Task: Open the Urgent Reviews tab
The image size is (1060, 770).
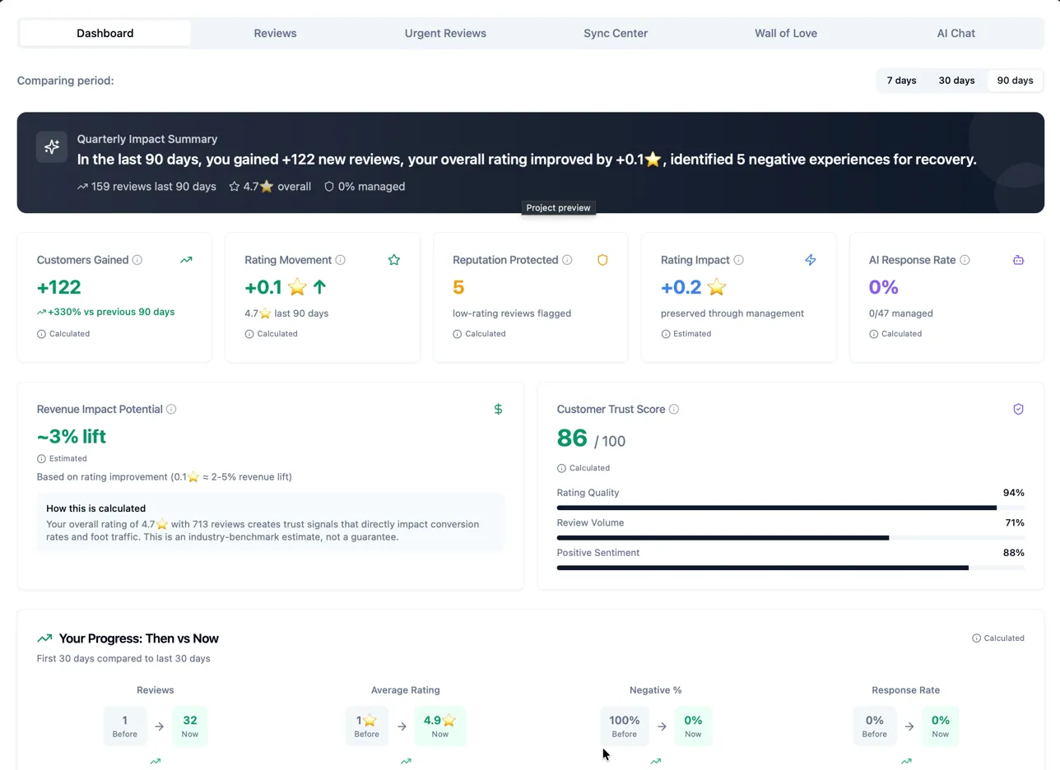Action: point(445,34)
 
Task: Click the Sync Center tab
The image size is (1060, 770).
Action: point(616,34)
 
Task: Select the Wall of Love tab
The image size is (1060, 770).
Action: point(786,34)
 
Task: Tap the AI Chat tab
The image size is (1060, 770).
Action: point(955,34)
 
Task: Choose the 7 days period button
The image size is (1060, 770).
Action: point(901,81)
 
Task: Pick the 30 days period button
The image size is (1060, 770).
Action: point(956,81)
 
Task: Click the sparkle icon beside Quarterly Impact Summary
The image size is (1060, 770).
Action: point(52,147)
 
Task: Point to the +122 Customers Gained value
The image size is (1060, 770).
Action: point(59,287)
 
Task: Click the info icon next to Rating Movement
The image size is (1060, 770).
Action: point(341,260)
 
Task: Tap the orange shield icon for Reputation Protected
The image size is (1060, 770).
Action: point(602,260)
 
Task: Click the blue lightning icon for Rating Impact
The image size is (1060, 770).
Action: point(811,260)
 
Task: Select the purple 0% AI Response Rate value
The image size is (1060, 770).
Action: point(884,287)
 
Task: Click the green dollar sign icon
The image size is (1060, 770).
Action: point(498,409)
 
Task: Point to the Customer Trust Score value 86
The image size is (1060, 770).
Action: point(572,438)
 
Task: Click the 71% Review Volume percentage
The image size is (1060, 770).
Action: point(1014,523)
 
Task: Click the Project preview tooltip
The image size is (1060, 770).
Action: point(559,208)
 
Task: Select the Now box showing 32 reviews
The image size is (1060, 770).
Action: point(189,726)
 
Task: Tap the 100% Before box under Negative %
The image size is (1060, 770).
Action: point(624,726)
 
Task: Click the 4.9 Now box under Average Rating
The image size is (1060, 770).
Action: point(439,726)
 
